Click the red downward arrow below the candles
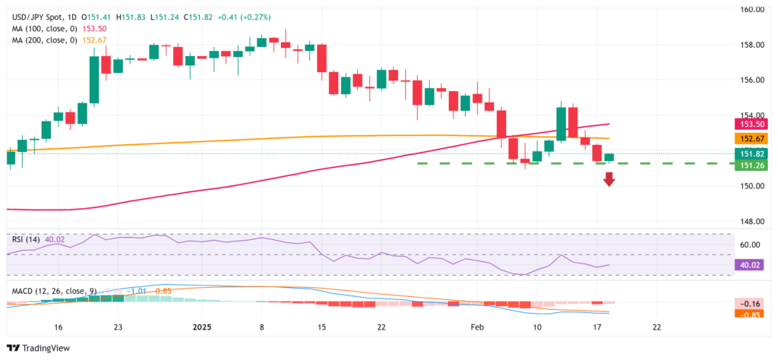609,179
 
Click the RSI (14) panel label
23,239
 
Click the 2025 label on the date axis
202,327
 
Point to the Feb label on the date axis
477,327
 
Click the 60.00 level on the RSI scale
751,245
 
